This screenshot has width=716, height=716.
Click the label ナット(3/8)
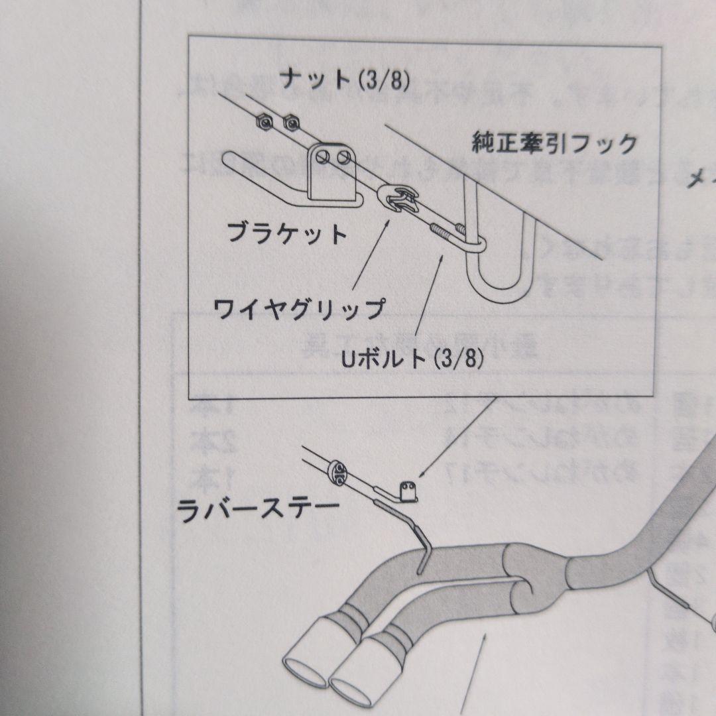345,80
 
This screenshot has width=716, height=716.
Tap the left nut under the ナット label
263,121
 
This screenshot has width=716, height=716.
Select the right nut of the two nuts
290,121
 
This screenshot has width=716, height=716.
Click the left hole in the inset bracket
322,158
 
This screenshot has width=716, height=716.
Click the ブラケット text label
286,233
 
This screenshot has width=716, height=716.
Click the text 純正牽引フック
554,143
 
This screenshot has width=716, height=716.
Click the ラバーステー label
259,511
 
